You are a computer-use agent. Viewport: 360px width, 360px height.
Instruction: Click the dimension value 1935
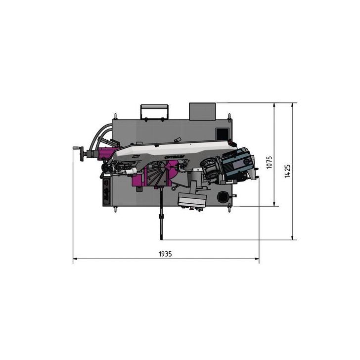(x=165, y=253)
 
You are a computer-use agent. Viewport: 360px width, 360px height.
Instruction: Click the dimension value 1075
(x=270, y=163)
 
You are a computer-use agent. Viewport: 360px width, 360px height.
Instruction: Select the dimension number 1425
(x=288, y=171)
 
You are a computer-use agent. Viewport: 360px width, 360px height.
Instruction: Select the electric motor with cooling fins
(x=237, y=166)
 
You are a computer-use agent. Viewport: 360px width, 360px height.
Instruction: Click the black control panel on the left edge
(x=107, y=192)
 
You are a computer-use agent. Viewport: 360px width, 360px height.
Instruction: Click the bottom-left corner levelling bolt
(x=115, y=210)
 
